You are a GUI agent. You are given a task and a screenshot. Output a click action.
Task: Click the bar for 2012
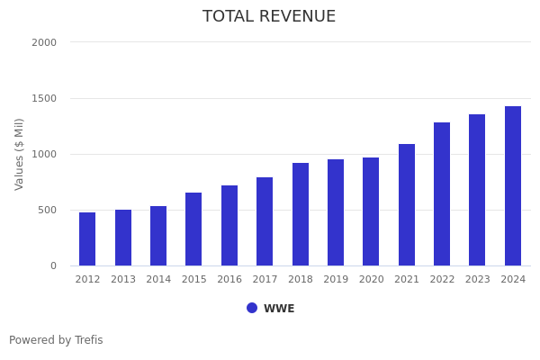point(87,239)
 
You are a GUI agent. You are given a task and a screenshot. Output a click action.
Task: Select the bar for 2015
point(193,229)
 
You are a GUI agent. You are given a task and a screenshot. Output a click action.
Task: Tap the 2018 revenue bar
point(301,214)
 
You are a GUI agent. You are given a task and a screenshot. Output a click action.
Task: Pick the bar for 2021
point(407,205)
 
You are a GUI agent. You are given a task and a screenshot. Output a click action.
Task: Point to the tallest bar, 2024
point(513,186)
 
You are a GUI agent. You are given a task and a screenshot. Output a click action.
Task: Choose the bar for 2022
point(442,194)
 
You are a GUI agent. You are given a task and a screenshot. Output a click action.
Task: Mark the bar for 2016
point(229,226)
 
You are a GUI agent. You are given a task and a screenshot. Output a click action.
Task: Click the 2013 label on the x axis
point(123,280)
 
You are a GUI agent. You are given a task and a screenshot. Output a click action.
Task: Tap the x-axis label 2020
point(371,280)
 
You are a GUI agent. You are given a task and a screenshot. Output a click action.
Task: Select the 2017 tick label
point(265,280)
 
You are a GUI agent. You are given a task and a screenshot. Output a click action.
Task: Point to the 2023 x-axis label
point(477,280)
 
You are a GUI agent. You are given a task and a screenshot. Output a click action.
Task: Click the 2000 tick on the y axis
point(44,42)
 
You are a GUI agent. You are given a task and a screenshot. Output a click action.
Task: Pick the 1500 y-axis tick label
point(44,98)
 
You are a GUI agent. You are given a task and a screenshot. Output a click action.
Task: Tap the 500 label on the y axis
point(47,210)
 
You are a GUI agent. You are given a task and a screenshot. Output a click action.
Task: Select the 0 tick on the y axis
point(53,265)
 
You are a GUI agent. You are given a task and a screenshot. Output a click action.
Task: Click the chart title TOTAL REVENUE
point(269,17)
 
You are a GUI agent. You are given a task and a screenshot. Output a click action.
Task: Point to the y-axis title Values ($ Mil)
point(20,154)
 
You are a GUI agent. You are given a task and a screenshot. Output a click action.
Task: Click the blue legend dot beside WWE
point(252,308)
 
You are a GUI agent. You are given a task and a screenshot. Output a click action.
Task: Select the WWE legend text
point(279,309)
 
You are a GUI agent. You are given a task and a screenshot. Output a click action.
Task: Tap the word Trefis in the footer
point(88,341)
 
